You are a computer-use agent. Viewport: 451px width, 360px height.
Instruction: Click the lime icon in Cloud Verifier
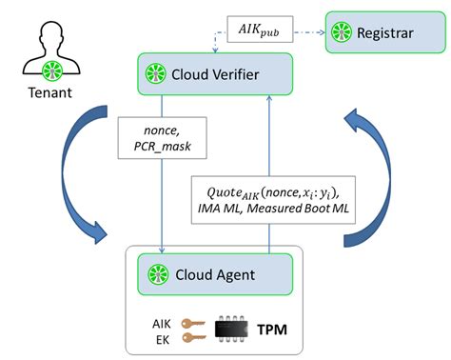(x=155, y=73)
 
